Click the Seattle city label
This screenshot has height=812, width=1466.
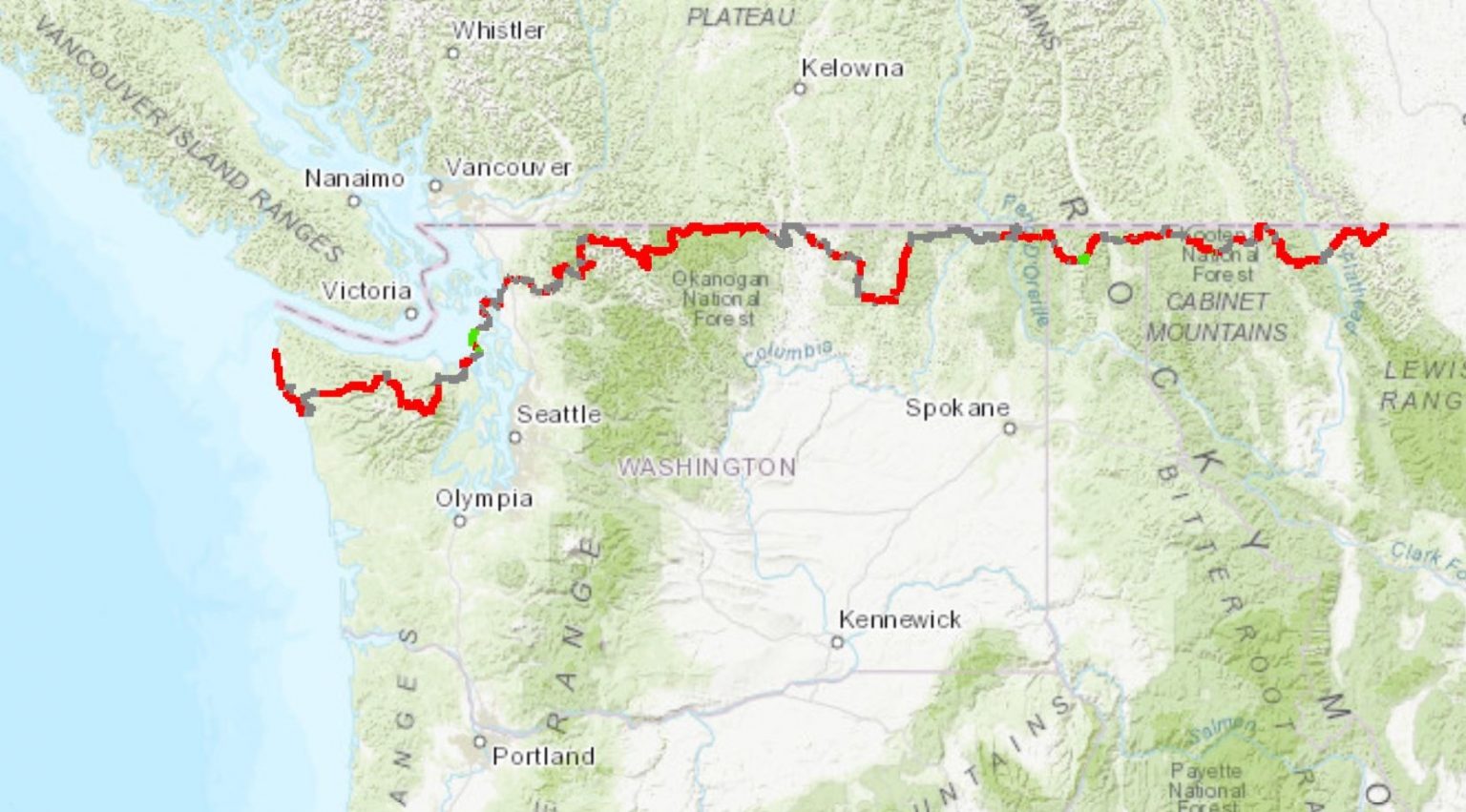click(x=558, y=414)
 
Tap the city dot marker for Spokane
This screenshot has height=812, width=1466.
click(x=1010, y=428)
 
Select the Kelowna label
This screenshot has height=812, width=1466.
click(x=851, y=68)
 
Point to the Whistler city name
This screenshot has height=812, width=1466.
click(x=498, y=31)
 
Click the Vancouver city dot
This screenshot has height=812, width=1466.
click(x=435, y=185)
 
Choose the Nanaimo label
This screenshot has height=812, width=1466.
click(x=354, y=178)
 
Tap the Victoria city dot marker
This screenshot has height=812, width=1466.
click(x=411, y=313)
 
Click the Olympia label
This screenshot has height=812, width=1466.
click(x=484, y=498)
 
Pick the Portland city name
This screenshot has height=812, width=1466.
click(x=542, y=756)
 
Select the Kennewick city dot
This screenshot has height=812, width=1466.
click(x=837, y=642)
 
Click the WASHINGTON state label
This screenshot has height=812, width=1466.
click(x=706, y=467)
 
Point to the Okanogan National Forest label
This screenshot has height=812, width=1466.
click(x=720, y=299)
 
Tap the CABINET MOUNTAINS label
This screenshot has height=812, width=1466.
click(x=1216, y=317)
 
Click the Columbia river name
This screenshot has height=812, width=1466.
click(x=787, y=352)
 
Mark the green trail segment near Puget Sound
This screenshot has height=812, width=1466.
click(x=472, y=337)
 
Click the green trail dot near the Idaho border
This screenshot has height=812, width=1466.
click(x=1083, y=259)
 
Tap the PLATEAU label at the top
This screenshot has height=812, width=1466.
click(x=741, y=17)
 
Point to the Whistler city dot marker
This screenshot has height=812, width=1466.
click(x=453, y=52)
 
